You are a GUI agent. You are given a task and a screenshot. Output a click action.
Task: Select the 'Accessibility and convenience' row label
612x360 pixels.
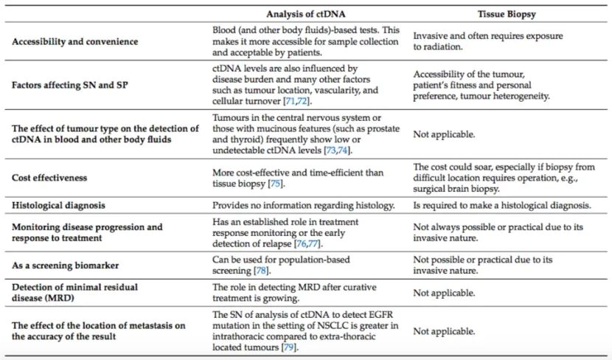[74, 41]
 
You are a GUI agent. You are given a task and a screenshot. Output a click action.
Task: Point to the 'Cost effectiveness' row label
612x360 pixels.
[51, 178]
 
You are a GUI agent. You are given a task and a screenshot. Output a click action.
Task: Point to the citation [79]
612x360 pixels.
[290, 347]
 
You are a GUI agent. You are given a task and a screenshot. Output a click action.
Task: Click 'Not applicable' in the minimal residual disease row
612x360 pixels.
[444, 292]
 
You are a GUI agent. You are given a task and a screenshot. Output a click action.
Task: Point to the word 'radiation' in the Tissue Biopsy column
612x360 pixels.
[438, 46]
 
